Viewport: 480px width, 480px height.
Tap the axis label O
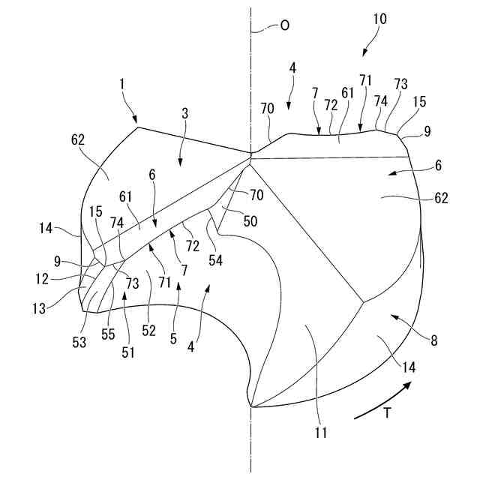(x=283, y=25)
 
